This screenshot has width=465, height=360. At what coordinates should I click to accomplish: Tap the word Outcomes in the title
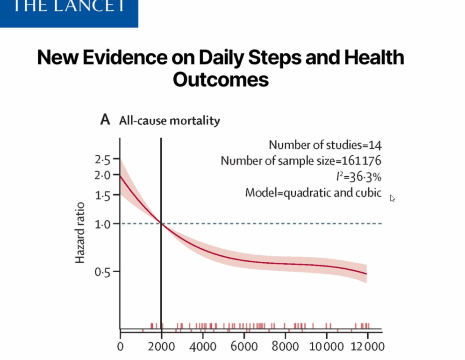click(221, 79)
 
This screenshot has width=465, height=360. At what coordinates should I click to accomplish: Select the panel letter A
click(105, 120)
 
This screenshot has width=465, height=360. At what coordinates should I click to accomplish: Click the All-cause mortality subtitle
click(169, 121)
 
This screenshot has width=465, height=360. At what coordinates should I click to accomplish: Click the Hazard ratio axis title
click(80, 232)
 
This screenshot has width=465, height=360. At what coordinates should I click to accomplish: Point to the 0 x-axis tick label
click(120, 346)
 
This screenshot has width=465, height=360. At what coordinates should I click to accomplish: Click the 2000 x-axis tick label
click(161, 346)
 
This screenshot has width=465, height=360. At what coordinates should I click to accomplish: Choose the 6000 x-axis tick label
click(244, 346)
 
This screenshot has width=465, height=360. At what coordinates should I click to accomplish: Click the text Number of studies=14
click(325, 145)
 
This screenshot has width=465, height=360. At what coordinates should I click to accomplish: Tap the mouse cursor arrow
click(392, 198)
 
